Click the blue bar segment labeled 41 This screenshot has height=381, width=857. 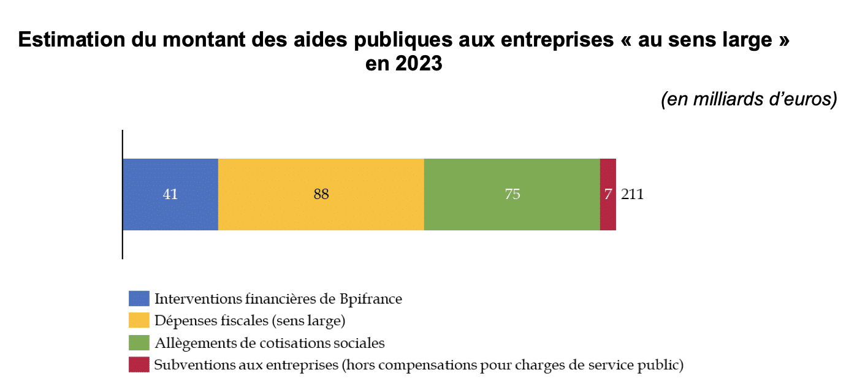170,195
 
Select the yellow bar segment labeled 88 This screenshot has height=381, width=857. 321,195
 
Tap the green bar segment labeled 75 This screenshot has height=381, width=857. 512,195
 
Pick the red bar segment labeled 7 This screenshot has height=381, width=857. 608,195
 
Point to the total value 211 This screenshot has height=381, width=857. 632,195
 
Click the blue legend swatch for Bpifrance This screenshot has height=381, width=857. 139,299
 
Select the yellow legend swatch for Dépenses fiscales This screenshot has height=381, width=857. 139,320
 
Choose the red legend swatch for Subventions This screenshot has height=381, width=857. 139,365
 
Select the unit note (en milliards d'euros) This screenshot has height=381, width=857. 748,100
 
